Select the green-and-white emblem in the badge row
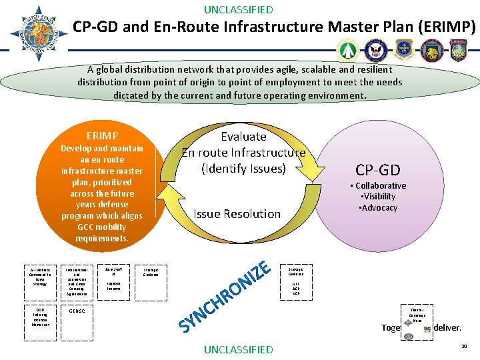348,51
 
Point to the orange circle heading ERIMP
102,134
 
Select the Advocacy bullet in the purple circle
378,207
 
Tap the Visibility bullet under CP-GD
378,197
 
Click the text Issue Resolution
237,214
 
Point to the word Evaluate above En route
243,137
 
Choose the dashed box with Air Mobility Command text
40,275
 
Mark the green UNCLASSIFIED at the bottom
238,349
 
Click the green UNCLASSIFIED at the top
238,9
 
